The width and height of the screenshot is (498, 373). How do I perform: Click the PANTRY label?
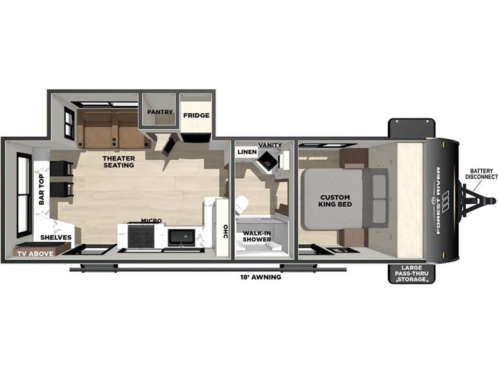(x=160, y=112)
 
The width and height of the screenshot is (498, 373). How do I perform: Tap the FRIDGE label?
(x=196, y=115)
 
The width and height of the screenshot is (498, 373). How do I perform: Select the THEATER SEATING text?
(x=119, y=162)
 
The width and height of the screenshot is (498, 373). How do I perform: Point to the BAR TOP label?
(x=41, y=190)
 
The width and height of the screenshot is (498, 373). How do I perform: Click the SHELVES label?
(x=56, y=237)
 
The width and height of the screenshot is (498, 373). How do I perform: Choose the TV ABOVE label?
(x=35, y=253)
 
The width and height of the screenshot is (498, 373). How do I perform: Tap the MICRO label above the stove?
(x=152, y=221)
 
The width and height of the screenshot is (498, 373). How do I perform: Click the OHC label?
(x=225, y=232)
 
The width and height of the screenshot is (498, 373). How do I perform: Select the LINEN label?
(x=247, y=151)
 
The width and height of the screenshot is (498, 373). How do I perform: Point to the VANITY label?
(x=270, y=145)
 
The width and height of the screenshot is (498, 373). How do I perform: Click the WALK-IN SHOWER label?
(x=257, y=236)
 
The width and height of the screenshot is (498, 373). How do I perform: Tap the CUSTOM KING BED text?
(x=335, y=201)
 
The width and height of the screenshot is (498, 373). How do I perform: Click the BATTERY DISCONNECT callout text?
(x=481, y=174)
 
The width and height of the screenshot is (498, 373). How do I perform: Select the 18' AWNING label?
(x=260, y=277)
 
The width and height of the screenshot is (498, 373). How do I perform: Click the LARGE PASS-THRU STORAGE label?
(x=411, y=273)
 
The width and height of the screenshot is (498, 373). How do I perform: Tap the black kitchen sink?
(x=181, y=237)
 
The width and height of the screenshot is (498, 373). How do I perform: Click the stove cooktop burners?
(x=141, y=237)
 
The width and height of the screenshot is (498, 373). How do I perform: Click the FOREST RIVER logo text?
(x=438, y=201)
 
